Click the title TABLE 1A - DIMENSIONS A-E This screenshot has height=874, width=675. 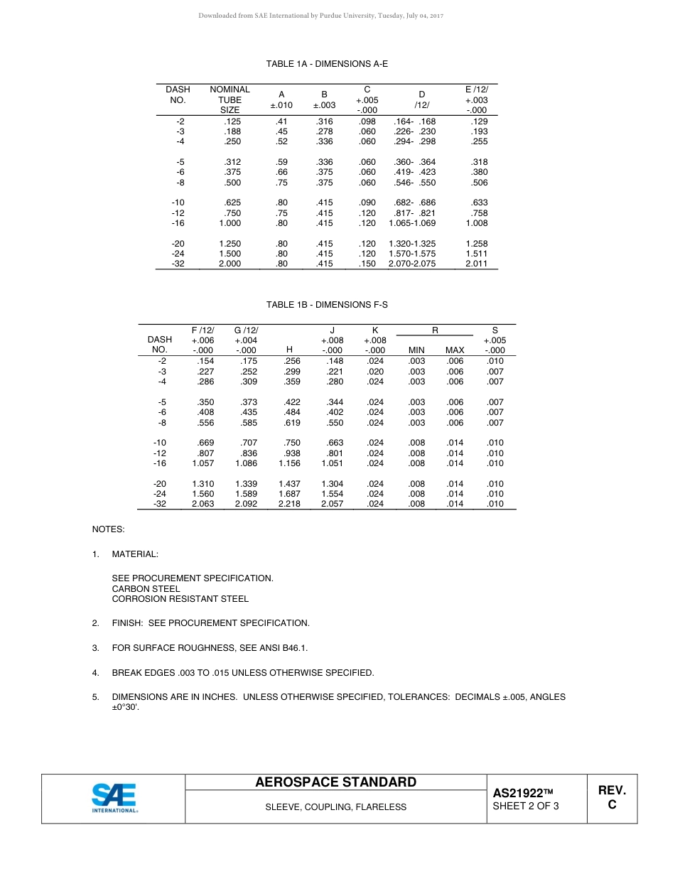coord(327,64)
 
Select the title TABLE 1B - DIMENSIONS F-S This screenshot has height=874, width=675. coord(327,305)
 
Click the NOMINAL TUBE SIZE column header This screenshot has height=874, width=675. coord(229,100)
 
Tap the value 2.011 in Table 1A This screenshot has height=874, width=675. coord(476,264)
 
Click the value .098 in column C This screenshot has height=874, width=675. coord(367,122)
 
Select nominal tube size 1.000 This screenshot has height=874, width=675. coord(229,223)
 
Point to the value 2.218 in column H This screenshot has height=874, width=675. coord(288,504)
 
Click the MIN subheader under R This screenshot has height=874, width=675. coord(416,350)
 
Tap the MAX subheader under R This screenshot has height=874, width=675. coord(455,350)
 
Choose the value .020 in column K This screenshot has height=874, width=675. coord(375,372)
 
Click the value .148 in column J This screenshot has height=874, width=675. coord(332,361)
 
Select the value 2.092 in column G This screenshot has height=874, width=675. coord(246,504)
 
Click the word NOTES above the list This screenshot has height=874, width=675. coord(108,529)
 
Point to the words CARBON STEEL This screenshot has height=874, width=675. coord(146,588)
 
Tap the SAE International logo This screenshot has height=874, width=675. coord(114,798)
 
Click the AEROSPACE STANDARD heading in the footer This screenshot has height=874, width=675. coord(335,782)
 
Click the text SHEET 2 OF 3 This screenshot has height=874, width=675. coord(525,806)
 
